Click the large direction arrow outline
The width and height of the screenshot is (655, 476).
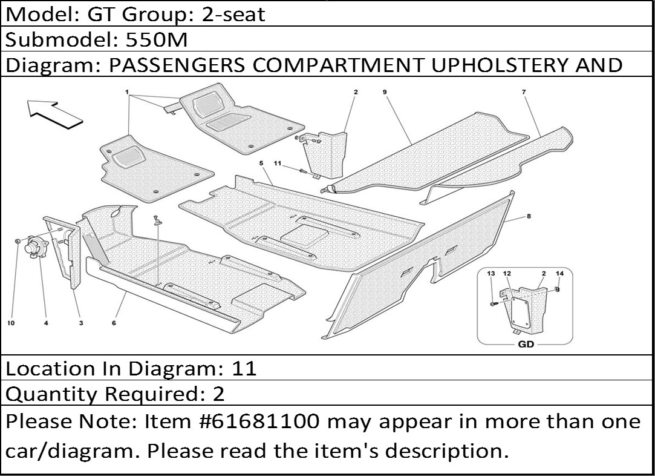[54, 113]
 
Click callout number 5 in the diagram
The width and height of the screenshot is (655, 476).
[261, 163]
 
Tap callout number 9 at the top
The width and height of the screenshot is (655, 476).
[384, 91]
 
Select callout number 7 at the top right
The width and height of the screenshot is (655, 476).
[524, 91]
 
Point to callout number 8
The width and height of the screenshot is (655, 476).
[529, 216]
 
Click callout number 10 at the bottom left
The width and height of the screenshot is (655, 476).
[11, 323]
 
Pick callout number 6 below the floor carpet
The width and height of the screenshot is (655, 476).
[114, 323]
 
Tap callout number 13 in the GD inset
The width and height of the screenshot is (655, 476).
[491, 274]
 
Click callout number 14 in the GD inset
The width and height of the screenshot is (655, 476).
[560, 274]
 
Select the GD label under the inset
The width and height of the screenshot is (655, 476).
[526, 345]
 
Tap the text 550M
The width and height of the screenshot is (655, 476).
[157, 40]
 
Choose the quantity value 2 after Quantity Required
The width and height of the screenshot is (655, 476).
[218, 394]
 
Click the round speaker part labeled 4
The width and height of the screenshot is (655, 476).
[35, 247]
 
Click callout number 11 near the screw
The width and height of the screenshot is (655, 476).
[278, 163]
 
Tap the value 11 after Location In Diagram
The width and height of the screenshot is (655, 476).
[244, 368]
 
